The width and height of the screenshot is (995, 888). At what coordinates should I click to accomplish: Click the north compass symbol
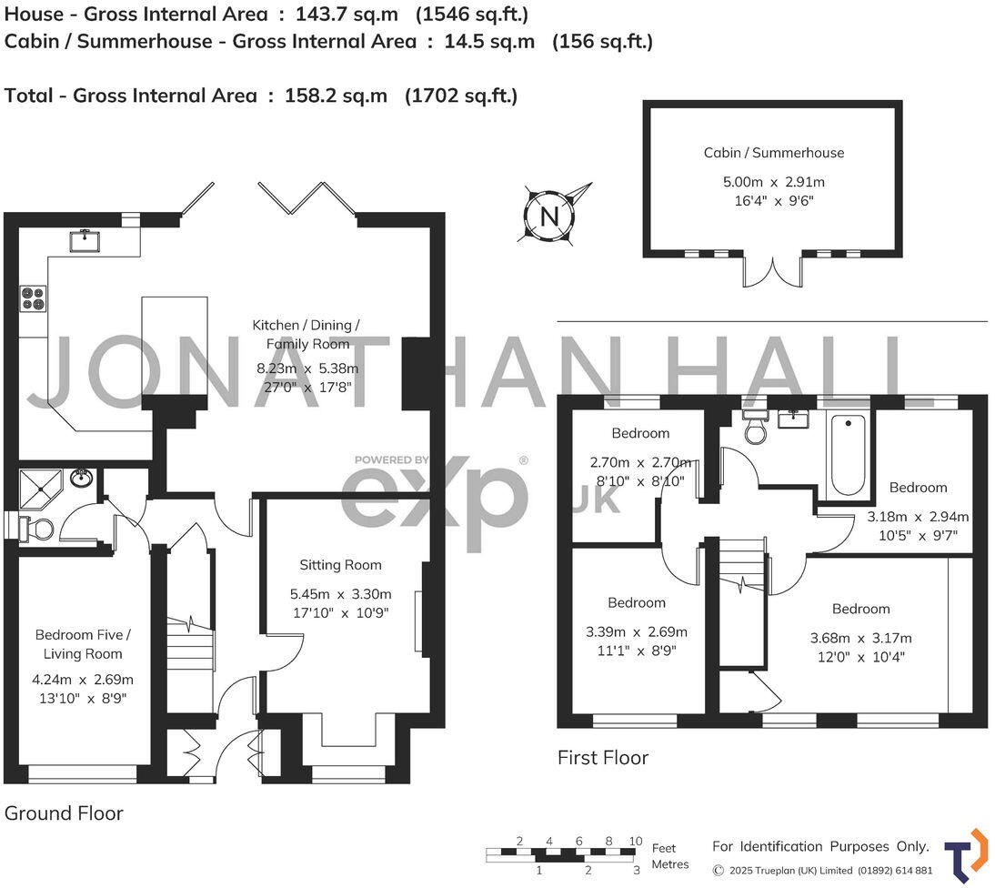(549, 216)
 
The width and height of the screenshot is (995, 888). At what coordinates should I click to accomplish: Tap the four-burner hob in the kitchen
(34, 298)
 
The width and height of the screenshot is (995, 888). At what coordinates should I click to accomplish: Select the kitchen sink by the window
(89, 240)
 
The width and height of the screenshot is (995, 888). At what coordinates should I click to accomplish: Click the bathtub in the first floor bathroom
(848, 455)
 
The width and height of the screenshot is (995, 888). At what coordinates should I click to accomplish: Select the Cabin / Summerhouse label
(773, 153)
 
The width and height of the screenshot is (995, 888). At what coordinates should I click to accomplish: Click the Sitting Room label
(341, 565)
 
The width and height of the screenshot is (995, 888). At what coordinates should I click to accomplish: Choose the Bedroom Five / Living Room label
(83, 644)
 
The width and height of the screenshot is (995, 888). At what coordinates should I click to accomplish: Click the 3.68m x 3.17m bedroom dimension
(860, 638)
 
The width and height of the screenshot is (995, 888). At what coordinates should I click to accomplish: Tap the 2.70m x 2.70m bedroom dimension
(640, 462)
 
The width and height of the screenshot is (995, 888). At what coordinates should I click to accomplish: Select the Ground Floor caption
(64, 812)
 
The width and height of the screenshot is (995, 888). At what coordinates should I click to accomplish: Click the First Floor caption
(602, 757)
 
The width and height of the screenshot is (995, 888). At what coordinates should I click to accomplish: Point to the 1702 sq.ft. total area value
(461, 96)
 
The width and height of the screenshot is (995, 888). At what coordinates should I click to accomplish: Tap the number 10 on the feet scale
(635, 841)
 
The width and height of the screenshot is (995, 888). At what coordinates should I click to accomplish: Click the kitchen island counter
(174, 345)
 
